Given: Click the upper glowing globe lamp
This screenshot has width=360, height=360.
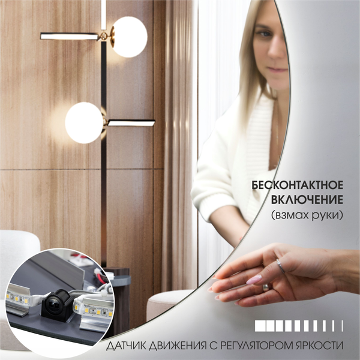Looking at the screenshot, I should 128,37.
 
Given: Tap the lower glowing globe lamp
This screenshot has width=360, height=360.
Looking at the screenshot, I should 83,122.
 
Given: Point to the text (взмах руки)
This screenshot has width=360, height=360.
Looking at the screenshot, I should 307,214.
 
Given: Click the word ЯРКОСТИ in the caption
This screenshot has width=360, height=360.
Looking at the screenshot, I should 323,347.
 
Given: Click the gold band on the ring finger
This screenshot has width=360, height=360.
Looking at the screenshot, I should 266,287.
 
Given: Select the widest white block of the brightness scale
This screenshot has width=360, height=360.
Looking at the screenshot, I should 261,326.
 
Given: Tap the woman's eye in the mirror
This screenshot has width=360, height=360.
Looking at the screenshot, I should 263,34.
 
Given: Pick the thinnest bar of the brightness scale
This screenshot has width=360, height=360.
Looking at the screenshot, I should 342,326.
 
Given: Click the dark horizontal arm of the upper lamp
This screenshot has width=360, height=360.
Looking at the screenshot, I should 70,36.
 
